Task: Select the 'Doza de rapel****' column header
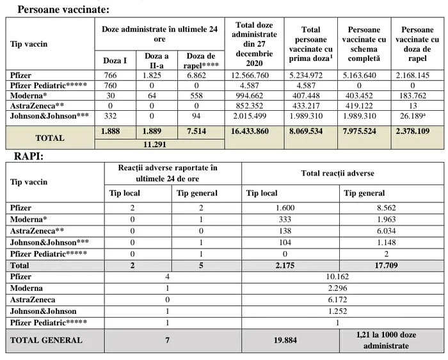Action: (201, 60)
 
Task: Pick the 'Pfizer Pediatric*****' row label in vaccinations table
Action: (49, 85)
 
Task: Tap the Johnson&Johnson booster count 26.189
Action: (416, 115)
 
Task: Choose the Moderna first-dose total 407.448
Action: (310, 95)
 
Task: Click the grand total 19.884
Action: (285, 340)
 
